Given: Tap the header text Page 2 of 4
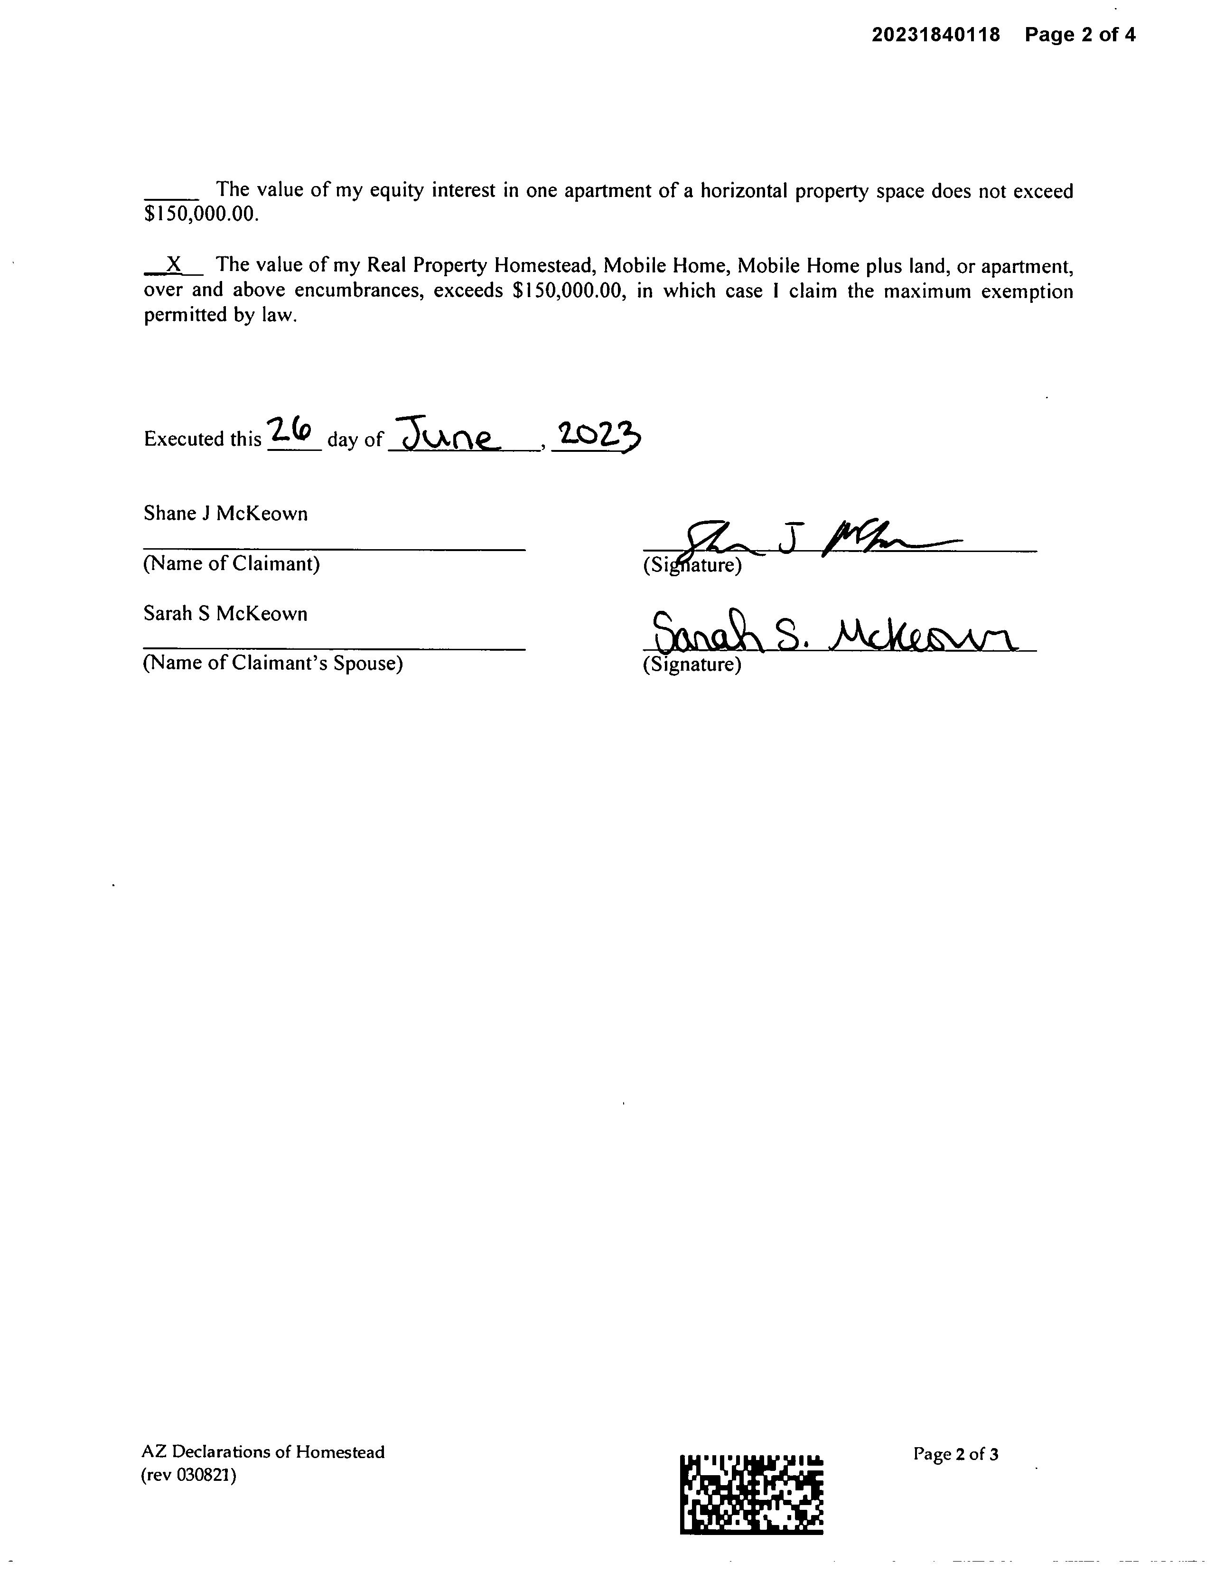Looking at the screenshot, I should coord(1080,35).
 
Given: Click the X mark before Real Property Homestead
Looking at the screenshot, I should coord(173,264).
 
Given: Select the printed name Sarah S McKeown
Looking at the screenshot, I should coord(225,614).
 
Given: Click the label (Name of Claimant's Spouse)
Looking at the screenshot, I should coord(273,663).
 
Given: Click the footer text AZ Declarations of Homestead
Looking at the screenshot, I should coord(263,1452).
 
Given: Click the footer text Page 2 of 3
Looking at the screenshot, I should coord(955,1454).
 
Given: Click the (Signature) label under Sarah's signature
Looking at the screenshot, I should coord(692,664).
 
